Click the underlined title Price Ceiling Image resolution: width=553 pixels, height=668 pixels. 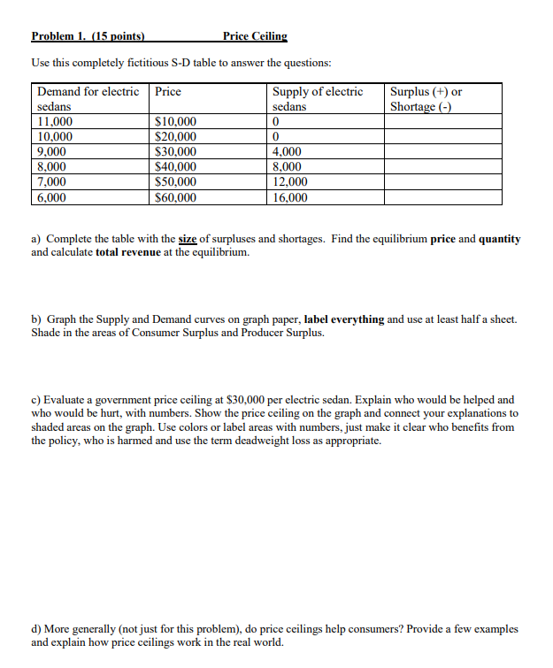pos(255,36)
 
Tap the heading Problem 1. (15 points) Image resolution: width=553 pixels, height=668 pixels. pos(88,36)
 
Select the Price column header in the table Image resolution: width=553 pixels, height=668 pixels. pos(168,91)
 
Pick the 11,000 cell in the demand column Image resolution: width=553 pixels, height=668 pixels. pos(55,121)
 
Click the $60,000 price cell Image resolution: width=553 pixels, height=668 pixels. pos(175,197)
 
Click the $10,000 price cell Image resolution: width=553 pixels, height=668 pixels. pos(175,121)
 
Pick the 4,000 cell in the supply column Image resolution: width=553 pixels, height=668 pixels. pos(288,151)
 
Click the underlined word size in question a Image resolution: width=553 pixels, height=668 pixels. pos(187,240)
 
